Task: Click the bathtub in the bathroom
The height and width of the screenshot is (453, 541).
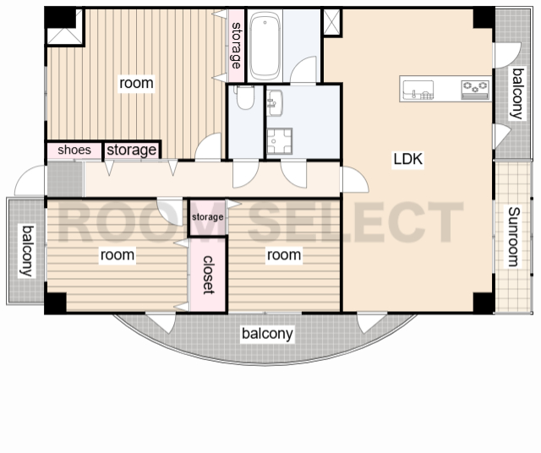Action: click(x=265, y=46)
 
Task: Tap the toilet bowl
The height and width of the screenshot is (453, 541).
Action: click(x=245, y=97)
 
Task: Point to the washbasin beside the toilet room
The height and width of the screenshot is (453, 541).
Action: click(x=275, y=103)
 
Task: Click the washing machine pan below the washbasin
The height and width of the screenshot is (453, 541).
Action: click(x=280, y=141)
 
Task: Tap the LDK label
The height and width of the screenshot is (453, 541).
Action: click(x=407, y=159)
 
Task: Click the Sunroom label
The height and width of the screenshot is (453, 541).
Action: click(x=514, y=237)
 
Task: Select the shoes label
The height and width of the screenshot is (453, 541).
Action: click(x=74, y=150)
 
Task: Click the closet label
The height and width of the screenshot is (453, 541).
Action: click(x=209, y=275)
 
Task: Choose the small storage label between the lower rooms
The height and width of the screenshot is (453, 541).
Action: click(x=207, y=217)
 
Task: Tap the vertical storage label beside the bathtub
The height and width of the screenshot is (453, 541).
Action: click(x=237, y=45)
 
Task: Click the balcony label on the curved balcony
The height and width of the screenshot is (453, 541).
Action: click(x=267, y=334)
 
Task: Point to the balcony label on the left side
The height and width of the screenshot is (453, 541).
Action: click(x=27, y=251)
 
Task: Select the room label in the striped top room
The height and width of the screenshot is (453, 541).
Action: click(x=136, y=83)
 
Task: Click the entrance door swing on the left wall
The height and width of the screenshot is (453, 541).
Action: click(x=30, y=181)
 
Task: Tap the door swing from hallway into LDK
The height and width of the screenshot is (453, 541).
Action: click(x=355, y=179)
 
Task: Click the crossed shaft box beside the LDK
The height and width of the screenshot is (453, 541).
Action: click(x=332, y=22)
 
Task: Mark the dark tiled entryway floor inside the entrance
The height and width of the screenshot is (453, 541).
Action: click(x=65, y=179)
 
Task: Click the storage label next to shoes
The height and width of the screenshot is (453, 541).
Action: click(x=132, y=150)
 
